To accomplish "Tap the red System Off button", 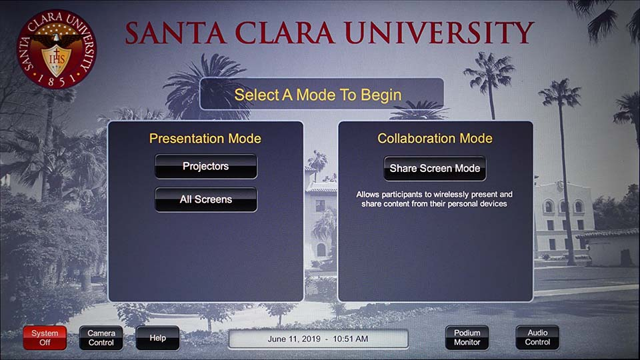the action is (x=45, y=338).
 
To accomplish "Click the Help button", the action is (x=157, y=338).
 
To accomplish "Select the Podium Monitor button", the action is (x=467, y=337).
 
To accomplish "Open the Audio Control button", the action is (x=537, y=337).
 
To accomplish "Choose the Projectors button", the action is (x=206, y=167).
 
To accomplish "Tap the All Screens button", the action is (x=206, y=199).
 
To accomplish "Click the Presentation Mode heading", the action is (x=205, y=139).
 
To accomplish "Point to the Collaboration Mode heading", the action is (x=435, y=139).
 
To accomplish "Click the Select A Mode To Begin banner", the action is (x=321, y=94).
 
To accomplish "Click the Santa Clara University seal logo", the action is (x=56, y=49).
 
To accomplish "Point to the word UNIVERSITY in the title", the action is (x=439, y=33).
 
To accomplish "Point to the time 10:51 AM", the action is (x=350, y=339).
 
